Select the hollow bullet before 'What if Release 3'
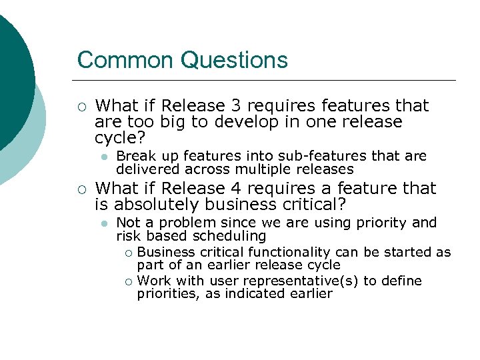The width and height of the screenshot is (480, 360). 81,106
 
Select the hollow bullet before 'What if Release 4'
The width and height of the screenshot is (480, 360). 81,189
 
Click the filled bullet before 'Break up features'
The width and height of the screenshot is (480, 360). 103,157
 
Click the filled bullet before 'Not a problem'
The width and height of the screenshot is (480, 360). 103,223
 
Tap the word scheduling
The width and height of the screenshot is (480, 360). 231,236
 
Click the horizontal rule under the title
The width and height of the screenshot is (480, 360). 267,80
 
